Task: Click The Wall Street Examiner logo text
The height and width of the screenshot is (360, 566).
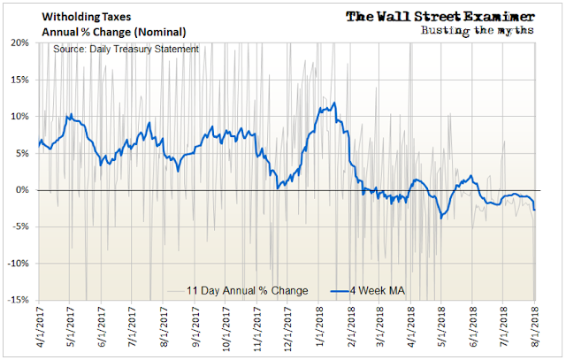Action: (439, 16)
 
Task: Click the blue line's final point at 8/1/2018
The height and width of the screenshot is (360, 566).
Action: (535, 210)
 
